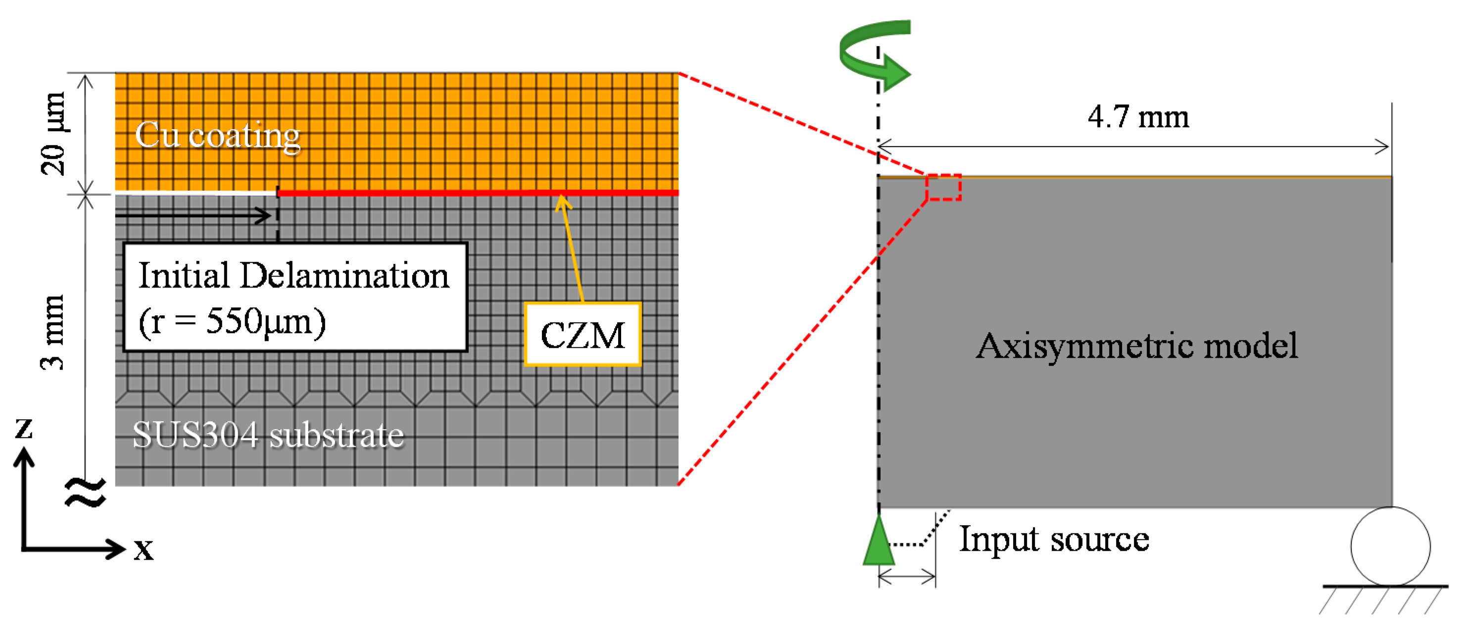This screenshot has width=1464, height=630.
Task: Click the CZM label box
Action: coord(583,334)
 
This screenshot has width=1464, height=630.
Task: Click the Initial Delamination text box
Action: coord(295,297)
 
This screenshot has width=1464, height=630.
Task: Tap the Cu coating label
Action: coord(218,136)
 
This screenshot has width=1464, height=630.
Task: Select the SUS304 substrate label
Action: coord(268,436)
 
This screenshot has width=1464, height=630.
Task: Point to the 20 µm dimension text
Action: coord(53,134)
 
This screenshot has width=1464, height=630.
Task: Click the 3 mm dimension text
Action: coord(53,333)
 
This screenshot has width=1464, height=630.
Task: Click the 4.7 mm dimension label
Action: coord(1138,117)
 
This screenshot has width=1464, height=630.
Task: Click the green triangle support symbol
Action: coord(878,542)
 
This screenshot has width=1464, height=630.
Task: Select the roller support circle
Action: coord(1390,546)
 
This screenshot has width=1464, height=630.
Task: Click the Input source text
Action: coord(1054,538)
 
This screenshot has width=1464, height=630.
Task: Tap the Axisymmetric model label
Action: coord(1137,345)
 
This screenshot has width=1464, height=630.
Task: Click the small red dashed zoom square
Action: coord(943,188)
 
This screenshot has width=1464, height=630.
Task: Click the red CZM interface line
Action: coord(478,193)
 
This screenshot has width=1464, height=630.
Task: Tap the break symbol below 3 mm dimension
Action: coord(85,492)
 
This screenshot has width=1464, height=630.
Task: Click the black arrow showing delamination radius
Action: coord(193,216)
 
